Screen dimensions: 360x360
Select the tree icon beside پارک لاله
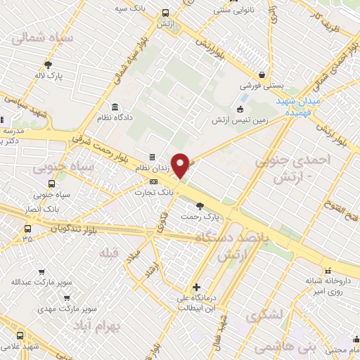tap(48, 63)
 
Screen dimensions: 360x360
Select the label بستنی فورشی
tap(262, 86)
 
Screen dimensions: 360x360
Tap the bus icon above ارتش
tap(165, 13)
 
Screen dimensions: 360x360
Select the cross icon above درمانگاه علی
tap(196, 287)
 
